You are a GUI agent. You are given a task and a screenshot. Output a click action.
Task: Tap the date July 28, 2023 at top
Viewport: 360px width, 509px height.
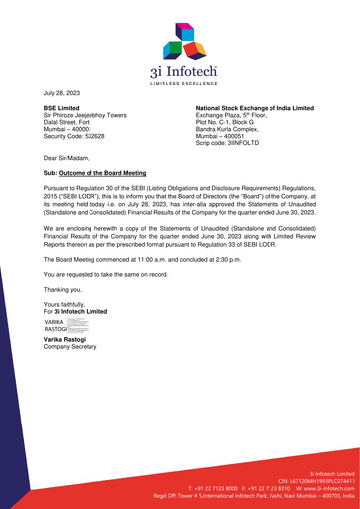[x=61, y=89]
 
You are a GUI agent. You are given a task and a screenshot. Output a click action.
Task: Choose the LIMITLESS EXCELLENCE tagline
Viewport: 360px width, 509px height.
[x=181, y=76]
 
